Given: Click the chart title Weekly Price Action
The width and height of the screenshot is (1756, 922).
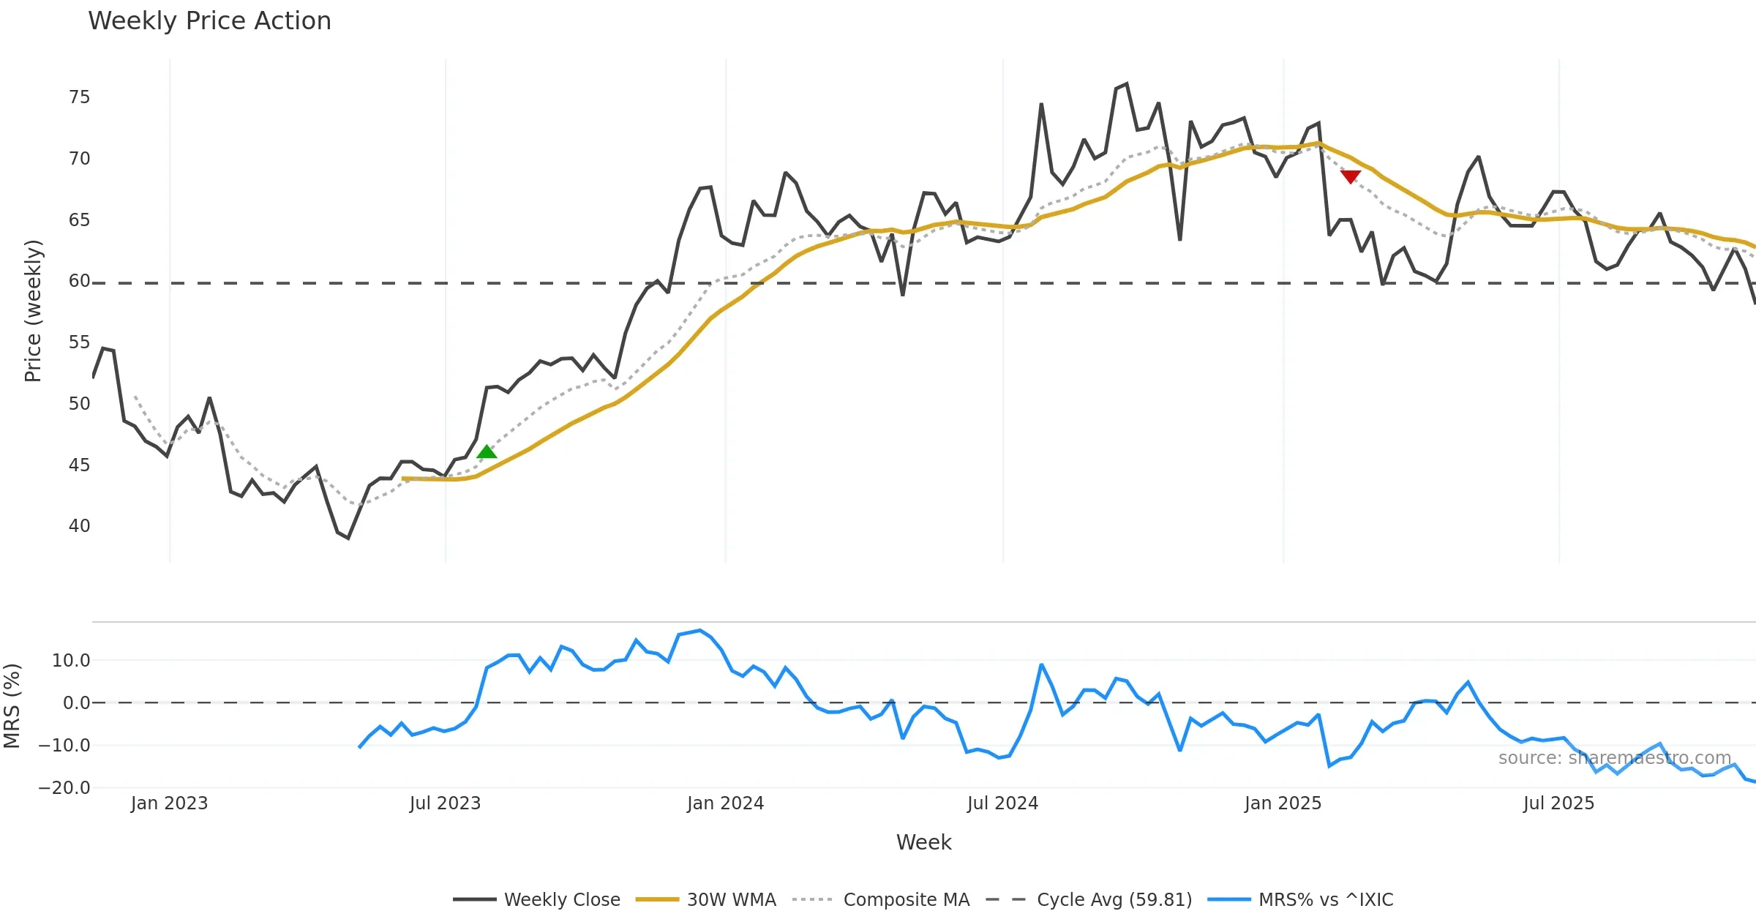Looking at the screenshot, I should (x=209, y=21).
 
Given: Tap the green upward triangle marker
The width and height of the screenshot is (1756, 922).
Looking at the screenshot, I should (x=487, y=452).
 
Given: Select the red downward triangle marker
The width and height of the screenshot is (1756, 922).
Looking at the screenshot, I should (x=1351, y=176).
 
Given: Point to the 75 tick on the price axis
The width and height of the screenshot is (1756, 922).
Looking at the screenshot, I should (x=79, y=97).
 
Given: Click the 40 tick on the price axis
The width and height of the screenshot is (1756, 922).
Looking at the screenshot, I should (x=79, y=526).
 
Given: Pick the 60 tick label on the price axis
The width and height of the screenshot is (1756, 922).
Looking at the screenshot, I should (x=79, y=281).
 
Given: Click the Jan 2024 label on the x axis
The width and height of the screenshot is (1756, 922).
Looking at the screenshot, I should (x=725, y=803).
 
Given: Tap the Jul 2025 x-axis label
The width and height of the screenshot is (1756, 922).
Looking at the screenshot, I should (x=1558, y=803).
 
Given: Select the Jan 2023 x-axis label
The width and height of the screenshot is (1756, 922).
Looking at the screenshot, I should (x=169, y=803).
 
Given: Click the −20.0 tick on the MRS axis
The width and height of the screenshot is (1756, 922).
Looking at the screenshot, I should (x=64, y=788).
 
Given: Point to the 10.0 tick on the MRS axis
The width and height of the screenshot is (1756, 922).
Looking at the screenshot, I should (x=70, y=661).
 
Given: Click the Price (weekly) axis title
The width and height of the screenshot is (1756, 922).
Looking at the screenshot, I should (x=34, y=311).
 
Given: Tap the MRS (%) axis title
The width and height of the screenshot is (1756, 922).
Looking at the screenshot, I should (x=12, y=705).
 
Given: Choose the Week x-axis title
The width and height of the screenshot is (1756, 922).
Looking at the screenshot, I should (x=923, y=843).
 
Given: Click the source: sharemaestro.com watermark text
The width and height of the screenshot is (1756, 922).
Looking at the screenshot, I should (x=1614, y=758).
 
